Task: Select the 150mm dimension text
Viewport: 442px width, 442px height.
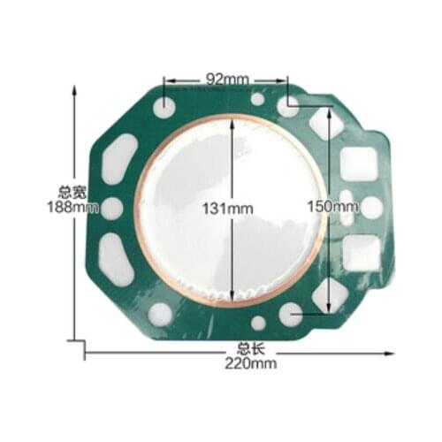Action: coord(333,205)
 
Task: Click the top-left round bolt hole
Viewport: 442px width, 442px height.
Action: coord(165,106)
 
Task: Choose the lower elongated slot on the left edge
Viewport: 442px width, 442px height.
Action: coord(116,259)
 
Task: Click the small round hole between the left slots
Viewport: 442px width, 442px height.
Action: coord(112,209)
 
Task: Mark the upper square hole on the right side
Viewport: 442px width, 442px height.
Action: coord(361,163)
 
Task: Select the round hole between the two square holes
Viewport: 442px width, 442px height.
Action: coord(372,207)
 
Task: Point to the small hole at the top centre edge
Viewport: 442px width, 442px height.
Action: coord(257,99)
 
